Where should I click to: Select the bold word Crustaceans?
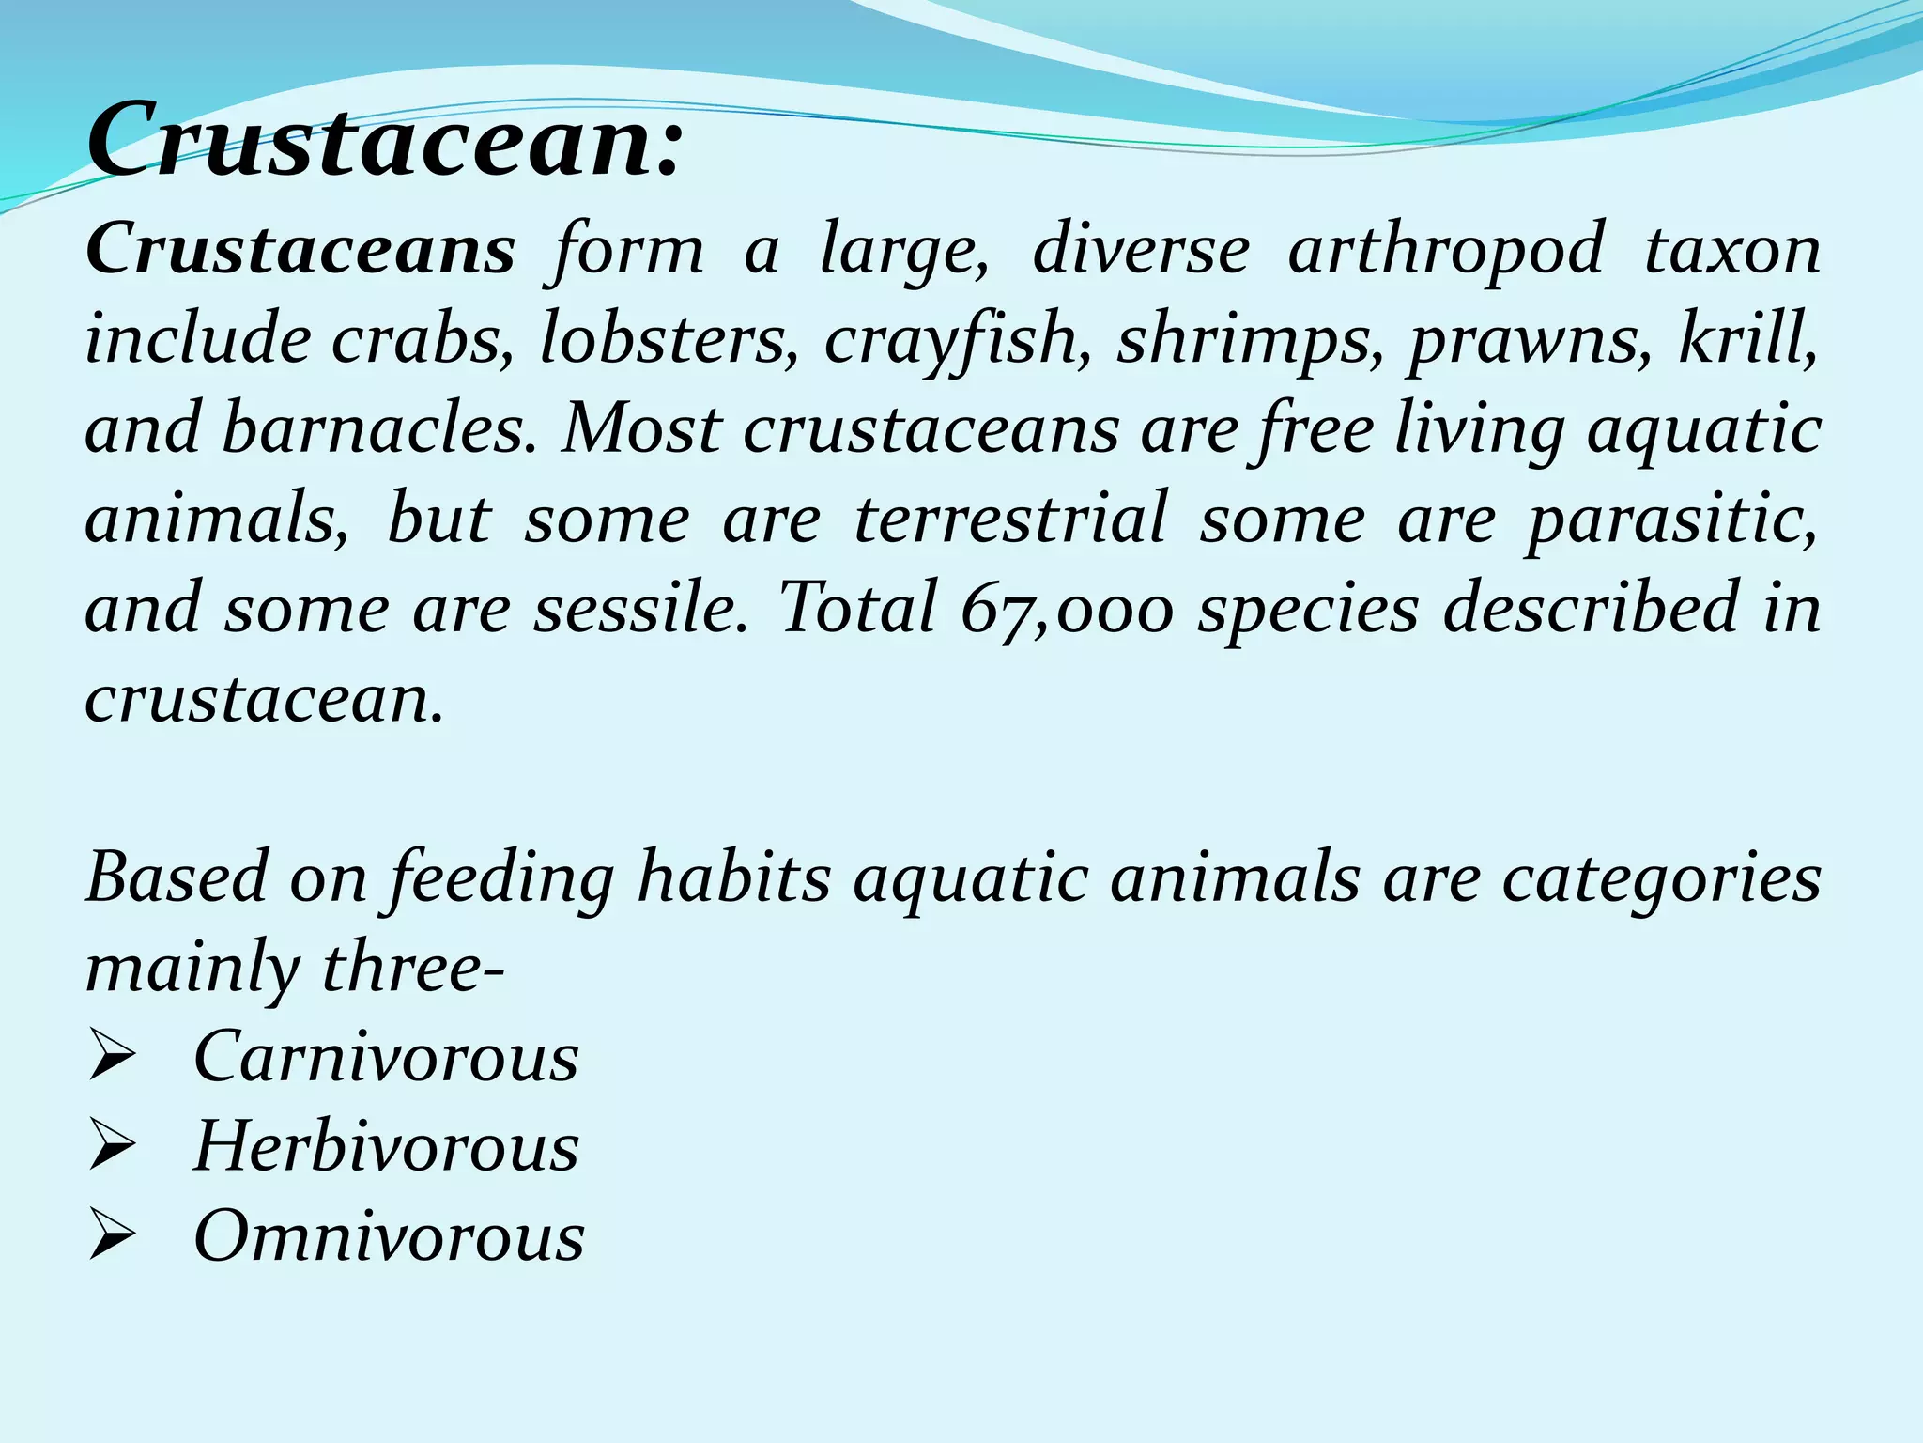click(x=300, y=250)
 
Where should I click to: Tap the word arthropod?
click(x=1445, y=252)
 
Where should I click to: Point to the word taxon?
click(x=1732, y=250)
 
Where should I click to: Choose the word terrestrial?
click(x=1010, y=519)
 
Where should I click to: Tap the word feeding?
click(x=502, y=879)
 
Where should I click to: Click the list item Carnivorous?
click(x=386, y=1057)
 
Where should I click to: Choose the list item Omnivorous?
click(x=389, y=1235)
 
